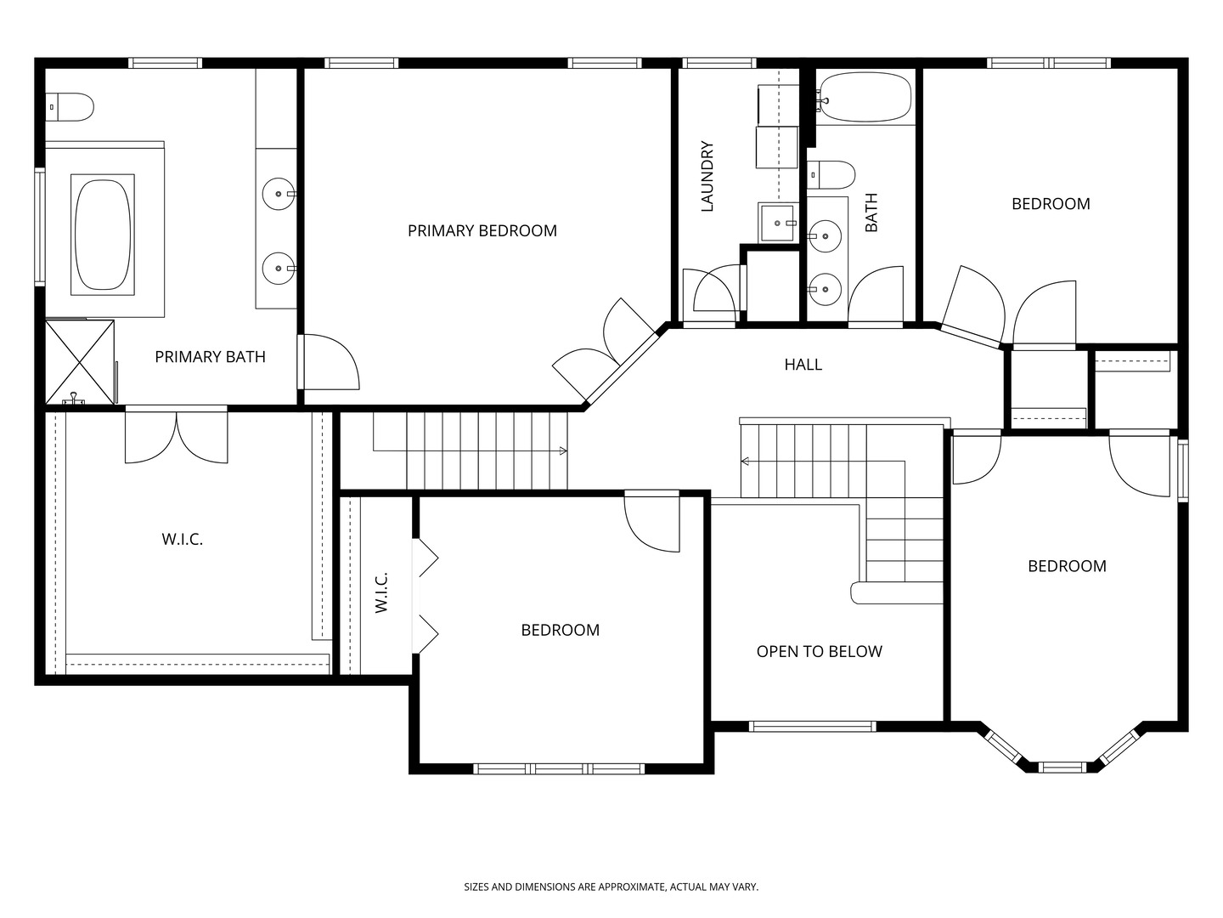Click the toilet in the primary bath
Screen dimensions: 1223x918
pyautogui.click(x=70, y=107)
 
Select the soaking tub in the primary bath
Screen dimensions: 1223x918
pyautogui.click(x=103, y=235)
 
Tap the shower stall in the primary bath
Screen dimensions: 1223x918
pyautogui.click(x=80, y=362)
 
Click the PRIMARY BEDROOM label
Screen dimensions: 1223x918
pyautogui.click(x=482, y=230)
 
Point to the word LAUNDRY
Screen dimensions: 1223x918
pyautogui.click(x=707, y=176)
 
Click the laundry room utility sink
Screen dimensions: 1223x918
pyautogui.click(x=777, y=223)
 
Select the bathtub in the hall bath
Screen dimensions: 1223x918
pyautogui.click(x=865, y=97)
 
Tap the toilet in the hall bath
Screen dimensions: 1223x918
pyautogui.click(x=831, y=175)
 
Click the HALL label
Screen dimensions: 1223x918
pyautogui.click(x=803, y=365)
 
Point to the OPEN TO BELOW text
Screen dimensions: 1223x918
pyautogui.click(x=819, y=652)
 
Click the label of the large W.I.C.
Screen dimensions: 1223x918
pyautogui.click(x=183, y=539)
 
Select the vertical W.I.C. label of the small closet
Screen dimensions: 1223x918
pyautogui.click(x=381, y=592)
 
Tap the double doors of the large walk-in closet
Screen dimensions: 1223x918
pyautogui.click(x=176, y=437)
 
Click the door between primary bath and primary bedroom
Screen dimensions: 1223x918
pyautogui.click(x=328, y=361)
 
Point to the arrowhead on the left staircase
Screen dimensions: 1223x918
pyautogui.click(x=563, y=450)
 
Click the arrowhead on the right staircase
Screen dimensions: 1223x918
pyautogui.click(x=744, y=461)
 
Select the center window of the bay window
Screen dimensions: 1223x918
pyautogui.click(x=1062, y=768)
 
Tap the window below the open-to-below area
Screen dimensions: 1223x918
pyautogui.click(x=812, y=726)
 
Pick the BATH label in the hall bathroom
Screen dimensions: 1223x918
pyautogui.click(x=871, y=212)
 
